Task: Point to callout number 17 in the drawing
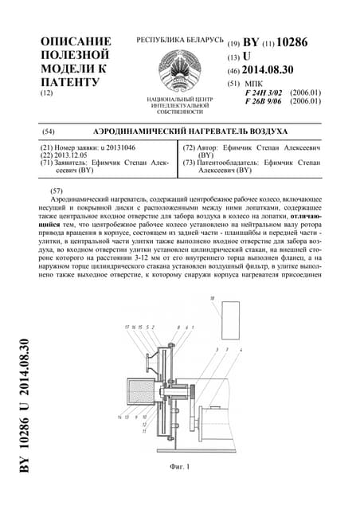pos(127,328)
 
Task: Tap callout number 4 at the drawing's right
pos(241,349)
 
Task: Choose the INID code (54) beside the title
pos(48,131)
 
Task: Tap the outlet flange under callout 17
pos(149,363)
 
